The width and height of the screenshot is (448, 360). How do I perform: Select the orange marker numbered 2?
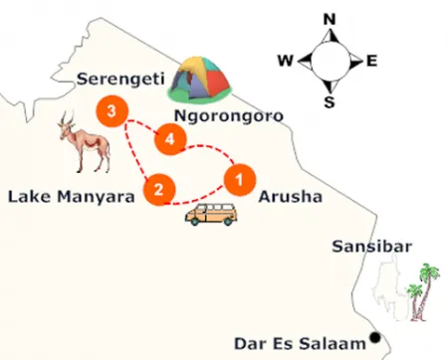coord(159,188)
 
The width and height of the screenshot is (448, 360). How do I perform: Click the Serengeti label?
coord(118,77)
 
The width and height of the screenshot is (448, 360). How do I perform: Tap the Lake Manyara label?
coord(71,196)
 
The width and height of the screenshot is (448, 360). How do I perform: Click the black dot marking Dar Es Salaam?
coord(375,336)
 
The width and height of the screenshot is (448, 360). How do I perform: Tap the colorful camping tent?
coord(202,80)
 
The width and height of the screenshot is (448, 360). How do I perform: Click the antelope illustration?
coord(86,142)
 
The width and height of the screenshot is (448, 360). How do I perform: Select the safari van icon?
coord(211,214)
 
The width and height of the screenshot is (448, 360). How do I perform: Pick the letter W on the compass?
coord(284,61)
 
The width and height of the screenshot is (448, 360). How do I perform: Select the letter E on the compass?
coord(371,61)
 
